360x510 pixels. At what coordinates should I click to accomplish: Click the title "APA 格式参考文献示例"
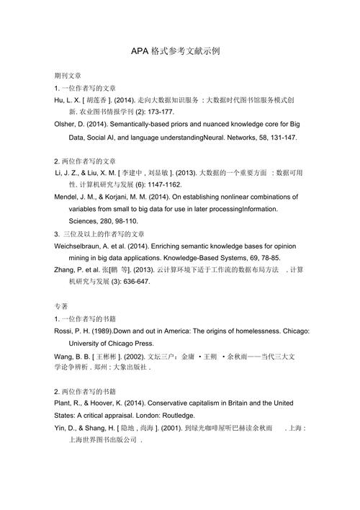point(179,52)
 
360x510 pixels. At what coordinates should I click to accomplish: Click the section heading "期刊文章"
point(68,75)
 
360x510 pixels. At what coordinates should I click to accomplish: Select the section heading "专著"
point(61,305)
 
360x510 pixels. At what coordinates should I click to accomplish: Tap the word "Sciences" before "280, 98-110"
point(85,221)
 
